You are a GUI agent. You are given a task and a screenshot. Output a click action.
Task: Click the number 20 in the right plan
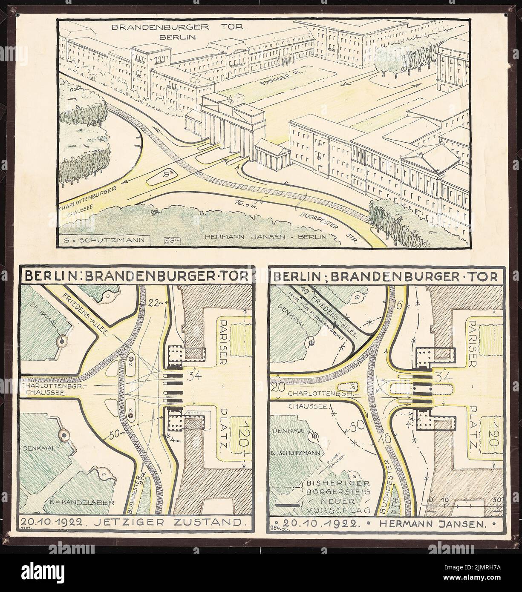280,387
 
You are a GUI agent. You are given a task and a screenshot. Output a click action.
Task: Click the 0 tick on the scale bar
431,499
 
